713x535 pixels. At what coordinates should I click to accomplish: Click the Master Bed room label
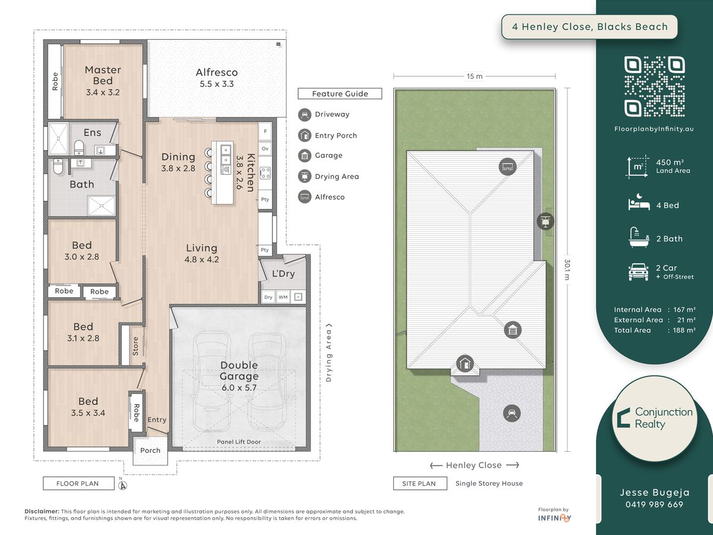pyautogui.click(x=103, y=75)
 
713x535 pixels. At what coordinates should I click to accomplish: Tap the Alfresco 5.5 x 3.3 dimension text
pyautogui.click(x=217, y=84)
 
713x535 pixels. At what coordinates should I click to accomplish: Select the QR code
pyautogui.click(x=654, y=86)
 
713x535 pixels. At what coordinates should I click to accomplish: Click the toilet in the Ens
pyautogui.click(x=78, y=148)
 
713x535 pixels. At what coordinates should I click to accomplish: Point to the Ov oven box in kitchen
pyautogui.click(x=265, y=149)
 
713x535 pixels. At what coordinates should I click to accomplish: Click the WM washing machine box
pyautogui.click(x=283, y=297)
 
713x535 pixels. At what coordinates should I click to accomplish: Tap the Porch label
pyautogui.click(x=150, y=450)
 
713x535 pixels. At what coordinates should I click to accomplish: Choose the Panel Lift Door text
pyautogui.click(x=239, y=442)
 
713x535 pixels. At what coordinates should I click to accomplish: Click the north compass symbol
pyautogui.click(x=122, y=485)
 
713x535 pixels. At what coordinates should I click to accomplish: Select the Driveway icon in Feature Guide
pyautogui.click(x=305, y=115)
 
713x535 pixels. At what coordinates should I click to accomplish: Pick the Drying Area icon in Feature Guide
pyautogui.click(x=305, y=177)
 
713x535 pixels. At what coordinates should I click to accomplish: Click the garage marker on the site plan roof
pyautogui.click(x=513, y=330)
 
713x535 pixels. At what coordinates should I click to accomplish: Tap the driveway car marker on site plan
pyautogui.click(x=512, y=413)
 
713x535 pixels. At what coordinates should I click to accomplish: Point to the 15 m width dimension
pyautogui.click(x=475, y=76)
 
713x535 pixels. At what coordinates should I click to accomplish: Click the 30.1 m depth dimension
pyautogui.click(x=567, y=270)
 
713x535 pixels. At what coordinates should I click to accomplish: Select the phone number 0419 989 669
pyautogui.click(x=654, y=505)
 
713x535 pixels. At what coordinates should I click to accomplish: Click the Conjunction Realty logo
pyautogui.click(x=654, y=418)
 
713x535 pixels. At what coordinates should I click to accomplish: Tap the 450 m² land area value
pyautogui.click(x=670, y=162)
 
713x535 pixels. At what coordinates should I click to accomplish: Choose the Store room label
pyautogui.click(x=135, y=346)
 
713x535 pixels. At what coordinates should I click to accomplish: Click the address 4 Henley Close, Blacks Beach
pyautogui.click(x=590, y=27)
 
